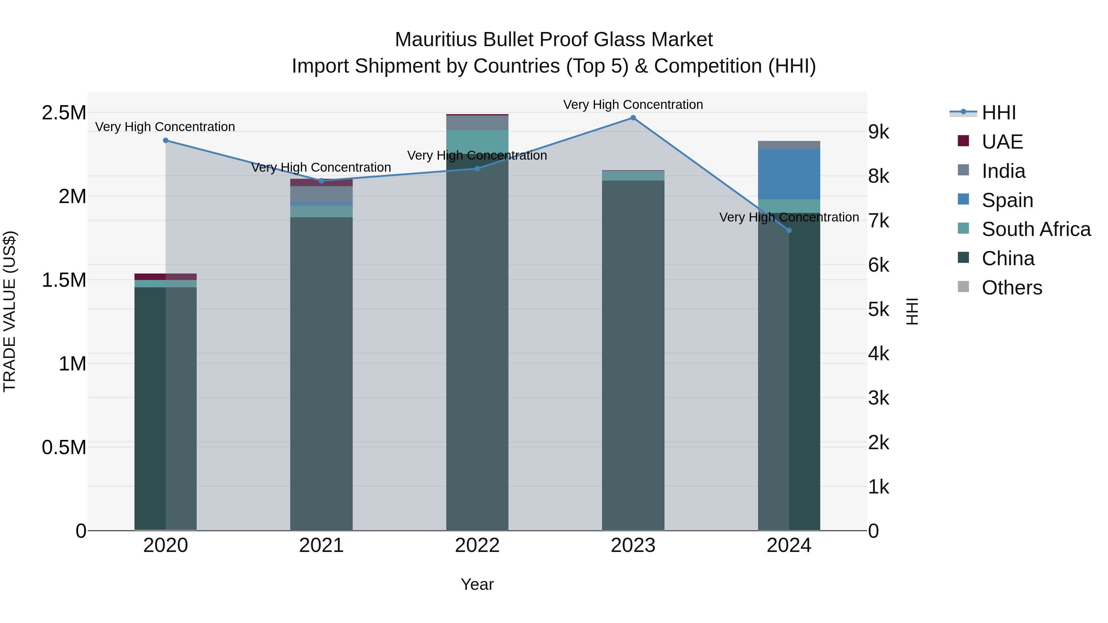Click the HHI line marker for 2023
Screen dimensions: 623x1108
coord(633,118)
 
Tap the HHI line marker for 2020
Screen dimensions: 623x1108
coord(166,141)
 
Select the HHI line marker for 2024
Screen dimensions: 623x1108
coord(789,230)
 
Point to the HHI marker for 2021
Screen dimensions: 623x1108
coord(321,181)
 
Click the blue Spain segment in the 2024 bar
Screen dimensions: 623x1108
coord(789,174)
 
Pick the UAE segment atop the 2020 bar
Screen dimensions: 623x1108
coord(166,277)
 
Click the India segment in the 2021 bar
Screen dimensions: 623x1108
coord(321,194)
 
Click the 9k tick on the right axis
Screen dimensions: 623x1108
coord(878,132)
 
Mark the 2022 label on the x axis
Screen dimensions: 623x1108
coord(477,545)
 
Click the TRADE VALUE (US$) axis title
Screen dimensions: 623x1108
coord(10,311)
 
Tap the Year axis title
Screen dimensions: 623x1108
coord(477,584)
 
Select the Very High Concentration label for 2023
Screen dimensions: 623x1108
coord(633,105)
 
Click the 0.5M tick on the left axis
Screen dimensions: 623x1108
coord(64,447)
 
